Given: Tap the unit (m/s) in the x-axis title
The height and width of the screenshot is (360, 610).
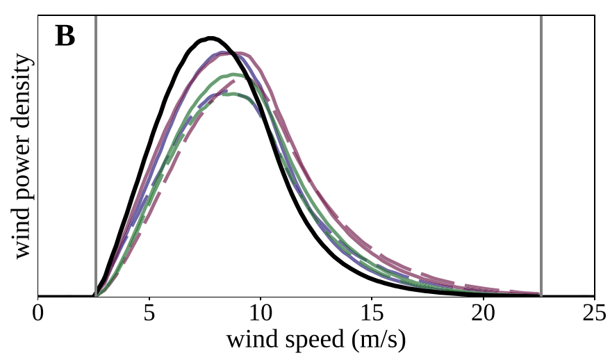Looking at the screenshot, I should [376, 341].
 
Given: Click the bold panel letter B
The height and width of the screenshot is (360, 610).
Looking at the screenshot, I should [65, 36].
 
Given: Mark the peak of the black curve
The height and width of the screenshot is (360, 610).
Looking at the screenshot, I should [210, 38].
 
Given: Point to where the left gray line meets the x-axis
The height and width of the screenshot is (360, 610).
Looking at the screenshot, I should [95, 297].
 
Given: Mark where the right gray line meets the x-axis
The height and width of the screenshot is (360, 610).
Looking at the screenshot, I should [541, 297].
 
